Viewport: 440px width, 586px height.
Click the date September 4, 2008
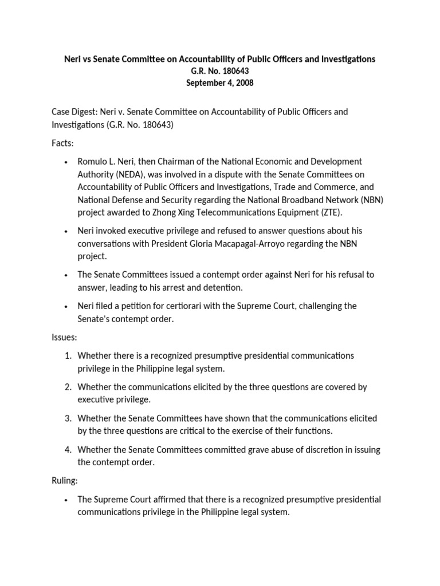coord(219,82)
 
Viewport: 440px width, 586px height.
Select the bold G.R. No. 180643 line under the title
coord(219,71)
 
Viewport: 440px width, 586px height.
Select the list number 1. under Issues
coord(68,356)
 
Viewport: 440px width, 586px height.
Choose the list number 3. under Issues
coord(68,419)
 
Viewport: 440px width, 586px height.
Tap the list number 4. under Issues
coord(68,450)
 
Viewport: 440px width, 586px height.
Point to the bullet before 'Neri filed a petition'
coord(67,306)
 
